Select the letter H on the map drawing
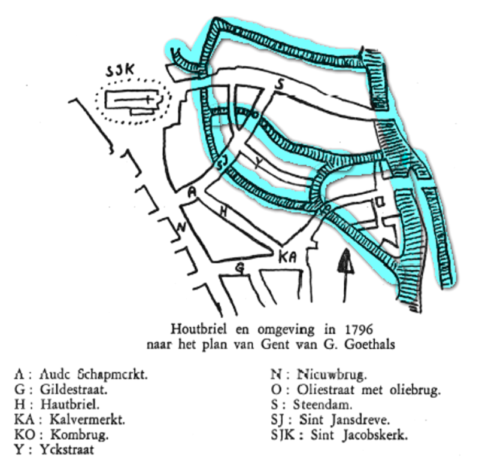223,212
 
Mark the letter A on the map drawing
191,192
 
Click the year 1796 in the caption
362,328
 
